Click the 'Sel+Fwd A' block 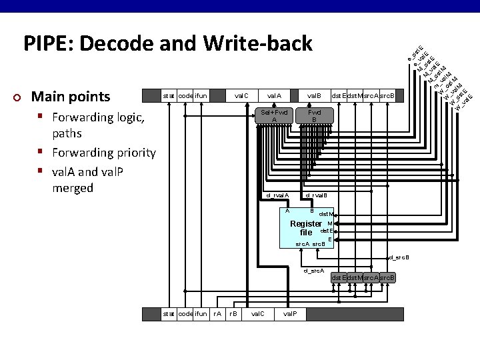click(x=274, y=115)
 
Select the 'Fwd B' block click(x=314, y=115)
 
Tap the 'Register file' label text click(x=306, y=228)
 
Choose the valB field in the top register click(x=314, y=96)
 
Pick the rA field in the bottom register click(x=217, y=313)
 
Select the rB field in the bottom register click(x=233, y=313)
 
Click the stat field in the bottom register click(x=169, y=313)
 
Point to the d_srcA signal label click(x=313, y=271)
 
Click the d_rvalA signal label click(x=277, y=195)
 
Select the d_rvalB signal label click(x=317, y=195)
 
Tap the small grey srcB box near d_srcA click(x=387, y=277)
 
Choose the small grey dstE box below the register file click(x=339, y=277)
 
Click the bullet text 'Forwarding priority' click(x=104, y=153)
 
